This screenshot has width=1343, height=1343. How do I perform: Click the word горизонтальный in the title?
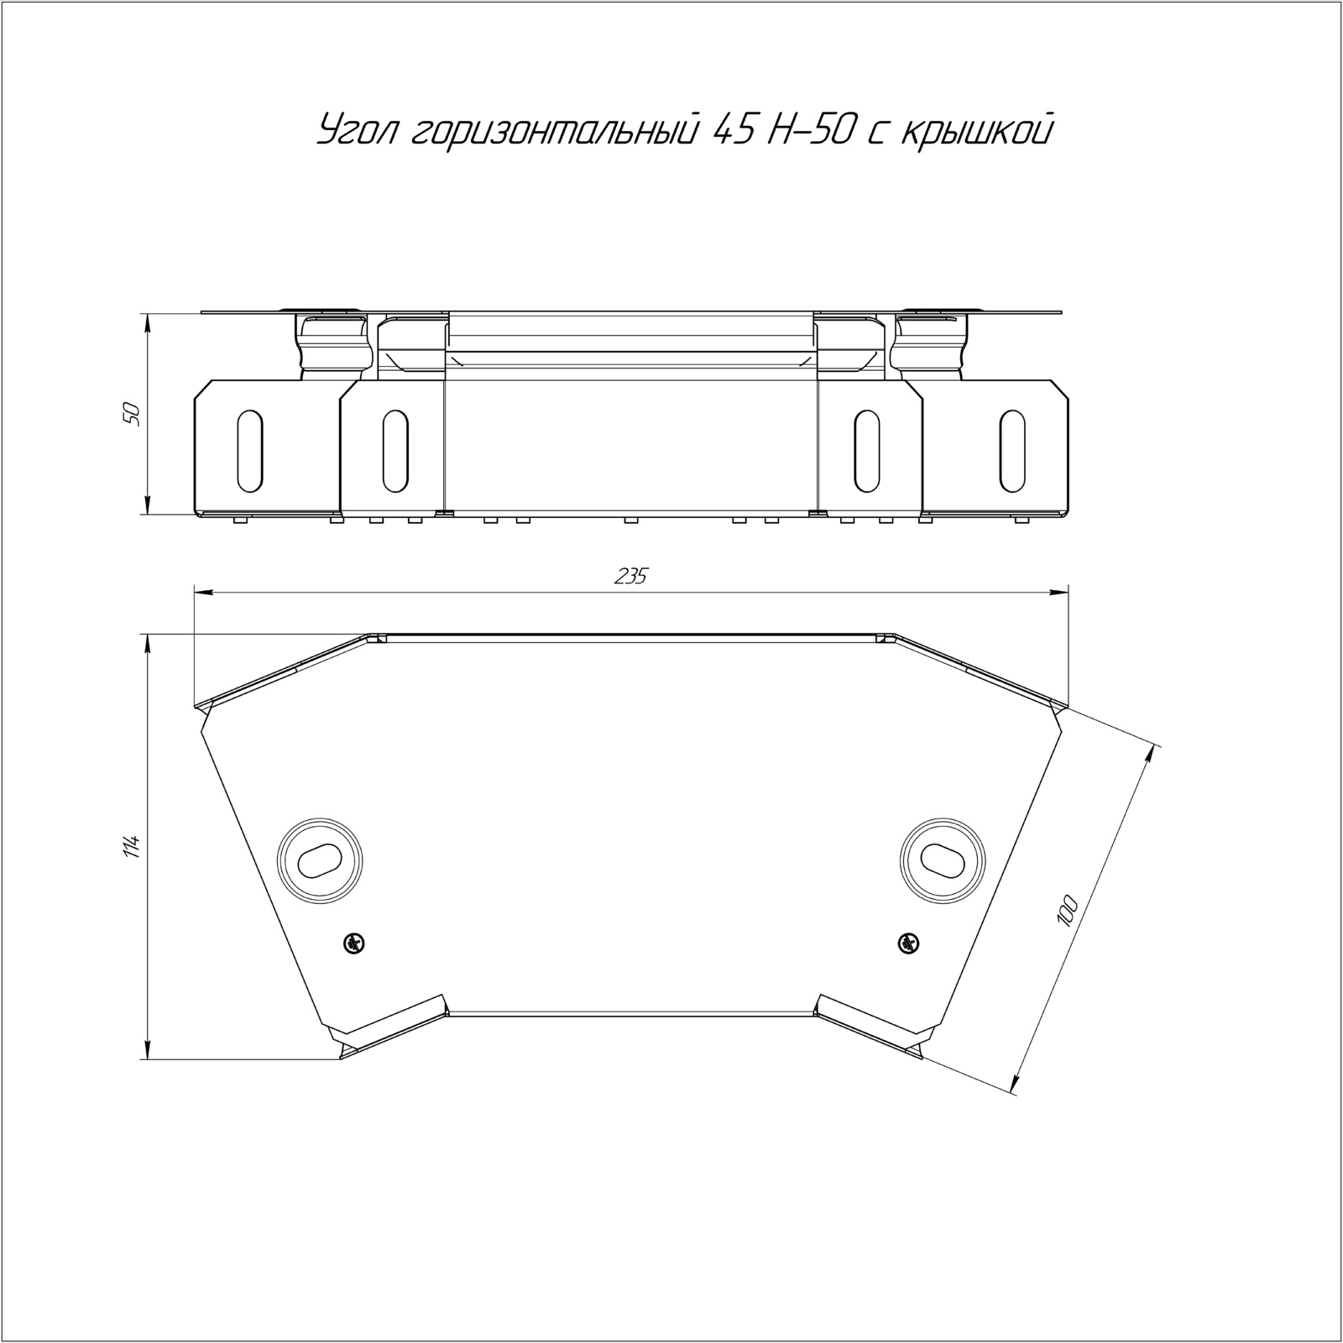click(556, 131)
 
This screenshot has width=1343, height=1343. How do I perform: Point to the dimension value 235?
click(631, 577)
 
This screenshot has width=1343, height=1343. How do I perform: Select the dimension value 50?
click(131, 414)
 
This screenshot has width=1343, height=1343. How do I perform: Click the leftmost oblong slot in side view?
click(249, 450)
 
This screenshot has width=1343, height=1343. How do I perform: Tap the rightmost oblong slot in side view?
click(1013, 450)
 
